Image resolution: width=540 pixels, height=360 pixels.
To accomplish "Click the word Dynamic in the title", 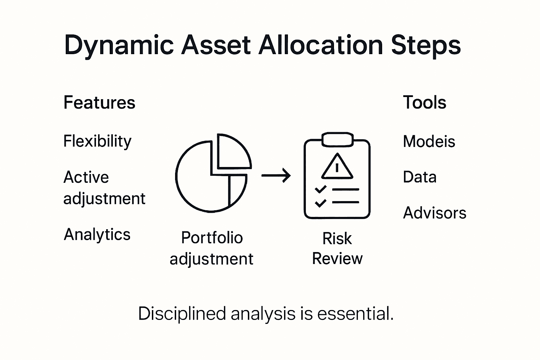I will pos(119,45).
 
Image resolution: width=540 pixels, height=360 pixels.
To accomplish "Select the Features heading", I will pos(99,103).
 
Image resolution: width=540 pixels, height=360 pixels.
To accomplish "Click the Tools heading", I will pos(424,103).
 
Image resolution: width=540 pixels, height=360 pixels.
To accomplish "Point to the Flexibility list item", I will pos(97,141).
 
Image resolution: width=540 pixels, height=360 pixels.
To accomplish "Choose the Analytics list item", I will pos(97,234).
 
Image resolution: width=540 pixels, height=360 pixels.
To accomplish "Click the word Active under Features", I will pos(86,177).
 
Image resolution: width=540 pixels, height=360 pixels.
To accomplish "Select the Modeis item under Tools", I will pos(429,142).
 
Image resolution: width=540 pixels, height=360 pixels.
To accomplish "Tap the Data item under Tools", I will pos(419,177).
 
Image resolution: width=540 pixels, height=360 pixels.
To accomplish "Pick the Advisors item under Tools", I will pos(435,213).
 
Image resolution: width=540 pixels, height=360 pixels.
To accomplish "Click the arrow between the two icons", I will pos(276,175).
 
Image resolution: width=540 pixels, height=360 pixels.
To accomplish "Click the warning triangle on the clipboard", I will pos(337,167).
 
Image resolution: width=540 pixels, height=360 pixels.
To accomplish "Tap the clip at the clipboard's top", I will pos(337,140).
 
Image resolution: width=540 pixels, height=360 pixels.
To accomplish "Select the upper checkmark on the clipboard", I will pos(320,189).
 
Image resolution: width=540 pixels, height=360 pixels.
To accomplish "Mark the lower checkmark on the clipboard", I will pos(320,203).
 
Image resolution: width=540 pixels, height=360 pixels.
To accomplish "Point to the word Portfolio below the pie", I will pos(212,238).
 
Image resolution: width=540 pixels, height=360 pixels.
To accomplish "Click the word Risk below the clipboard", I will pos(337,239).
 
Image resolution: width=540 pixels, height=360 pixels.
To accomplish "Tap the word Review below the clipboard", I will pos(337,259).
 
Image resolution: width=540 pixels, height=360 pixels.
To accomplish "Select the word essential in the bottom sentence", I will pos(355,314).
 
